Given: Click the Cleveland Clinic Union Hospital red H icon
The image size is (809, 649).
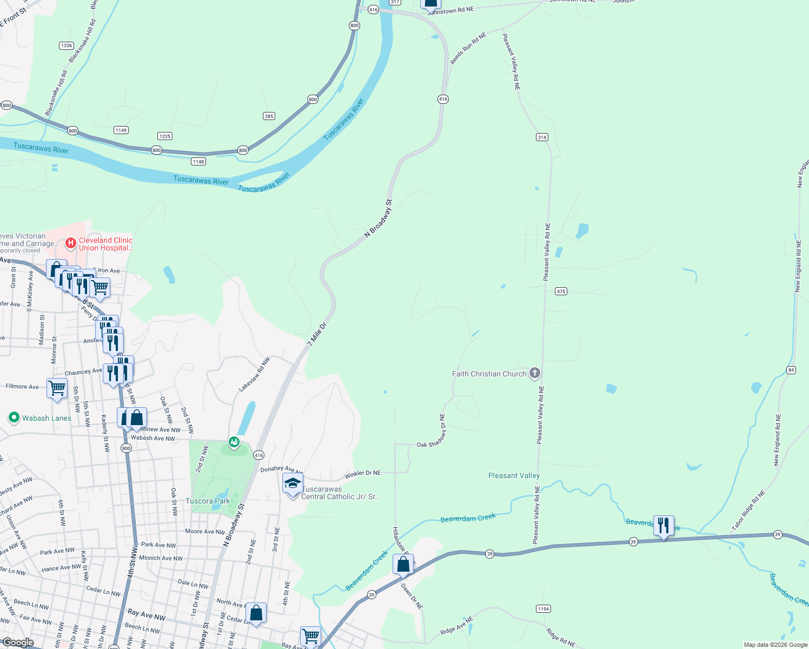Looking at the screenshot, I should coord(70,243).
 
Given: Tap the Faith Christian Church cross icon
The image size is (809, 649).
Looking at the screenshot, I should coord(534,373).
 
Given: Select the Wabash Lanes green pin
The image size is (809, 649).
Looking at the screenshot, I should coord(14,418).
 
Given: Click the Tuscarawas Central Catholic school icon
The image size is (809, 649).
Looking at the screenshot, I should coord(293,483).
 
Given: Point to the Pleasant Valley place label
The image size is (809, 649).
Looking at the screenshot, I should coord(514,475).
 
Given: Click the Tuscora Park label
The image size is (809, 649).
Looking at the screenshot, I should coord(208,501).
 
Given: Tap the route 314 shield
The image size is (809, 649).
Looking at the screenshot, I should coord(542,137).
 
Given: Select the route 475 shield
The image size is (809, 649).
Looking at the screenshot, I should coord(561,291).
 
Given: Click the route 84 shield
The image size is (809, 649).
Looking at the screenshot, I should coord(792,370).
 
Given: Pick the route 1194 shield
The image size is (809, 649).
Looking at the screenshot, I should coord(543,608).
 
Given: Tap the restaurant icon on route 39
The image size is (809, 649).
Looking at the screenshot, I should coord(664,526).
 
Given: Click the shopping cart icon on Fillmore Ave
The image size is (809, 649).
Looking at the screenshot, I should coord(57,388).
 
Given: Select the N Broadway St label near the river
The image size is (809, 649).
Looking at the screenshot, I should coord(378,218).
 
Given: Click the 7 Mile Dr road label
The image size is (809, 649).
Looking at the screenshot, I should coord(317,334).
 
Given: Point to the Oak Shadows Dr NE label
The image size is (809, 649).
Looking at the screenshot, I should coord(431,431).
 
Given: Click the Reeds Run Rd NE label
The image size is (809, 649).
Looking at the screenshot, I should coord(468,48).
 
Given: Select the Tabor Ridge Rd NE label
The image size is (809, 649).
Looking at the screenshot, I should coord(748,510).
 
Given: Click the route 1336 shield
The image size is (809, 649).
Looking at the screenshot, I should coord(67,45).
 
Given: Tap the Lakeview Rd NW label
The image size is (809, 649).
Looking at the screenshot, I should coord(254,375).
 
